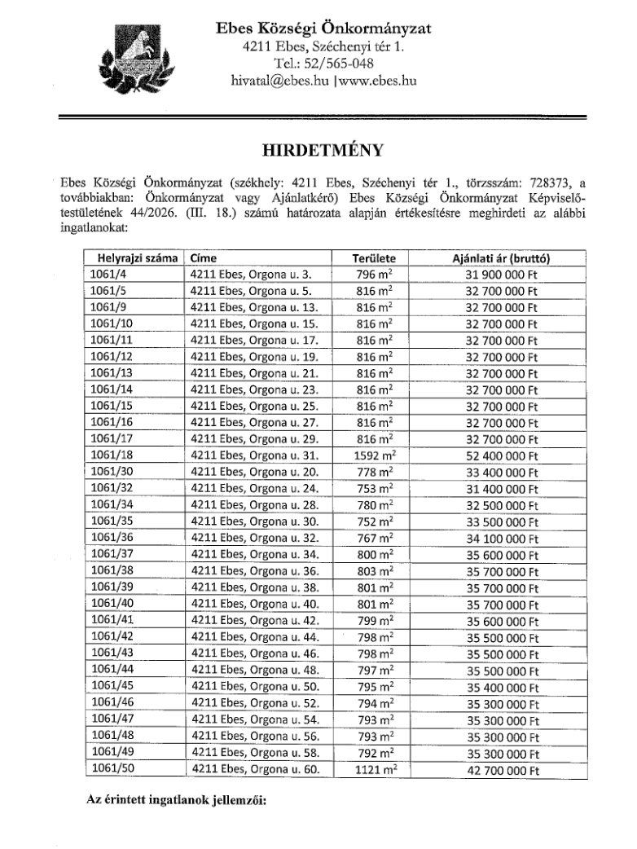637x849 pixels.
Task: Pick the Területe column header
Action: (x=374, y=258)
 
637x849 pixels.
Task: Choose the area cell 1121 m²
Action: (x=374, y=768)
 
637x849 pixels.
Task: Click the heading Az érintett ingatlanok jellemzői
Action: (x=177, y=799)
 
